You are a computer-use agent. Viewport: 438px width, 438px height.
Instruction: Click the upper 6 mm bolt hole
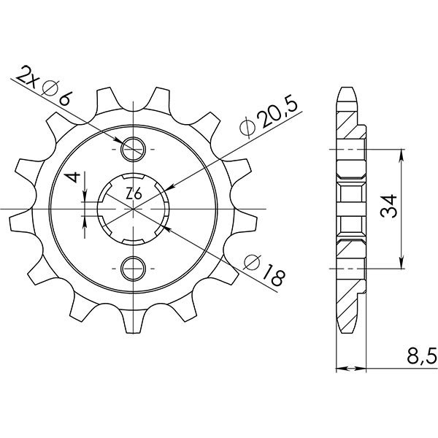click(134, 150)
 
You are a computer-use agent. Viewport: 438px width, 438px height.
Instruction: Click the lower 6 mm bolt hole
click(134, 267)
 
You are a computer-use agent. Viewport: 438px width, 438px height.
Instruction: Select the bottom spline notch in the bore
click(134, 242)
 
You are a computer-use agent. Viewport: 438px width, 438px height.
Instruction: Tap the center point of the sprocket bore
click(134, 209)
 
